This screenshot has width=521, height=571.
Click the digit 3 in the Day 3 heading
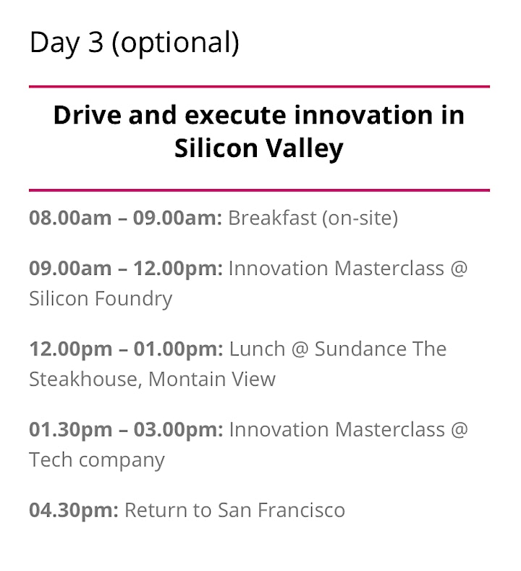[x=96, y=42]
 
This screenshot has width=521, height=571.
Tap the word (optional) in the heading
[x=176, y=43]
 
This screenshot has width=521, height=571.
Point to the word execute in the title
[x=236, y=116]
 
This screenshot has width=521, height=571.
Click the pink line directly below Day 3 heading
[x=259, y=87]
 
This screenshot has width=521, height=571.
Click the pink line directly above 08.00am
[x=259, y=190]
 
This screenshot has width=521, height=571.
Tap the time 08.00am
[x=70, y=218]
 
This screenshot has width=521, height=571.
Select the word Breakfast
[x=272, y=218]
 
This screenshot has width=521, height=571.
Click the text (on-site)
[x=360, y=219]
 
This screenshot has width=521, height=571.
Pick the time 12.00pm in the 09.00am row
[x=179, y=268]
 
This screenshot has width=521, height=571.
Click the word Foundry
[x=134, y=300]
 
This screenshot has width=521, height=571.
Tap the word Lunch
[x=257, y=349]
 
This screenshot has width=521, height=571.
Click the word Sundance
[x=360, y=349]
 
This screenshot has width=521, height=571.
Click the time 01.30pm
[x=71, y=430]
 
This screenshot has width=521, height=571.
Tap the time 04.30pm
[x=74, y=510]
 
